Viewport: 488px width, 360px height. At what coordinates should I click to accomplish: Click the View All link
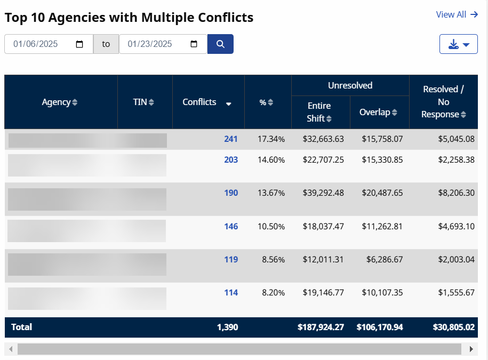457,14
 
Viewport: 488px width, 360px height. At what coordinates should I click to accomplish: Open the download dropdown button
458,44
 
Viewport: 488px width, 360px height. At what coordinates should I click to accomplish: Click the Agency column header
59,102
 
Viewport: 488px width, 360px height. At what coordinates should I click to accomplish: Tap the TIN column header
143,102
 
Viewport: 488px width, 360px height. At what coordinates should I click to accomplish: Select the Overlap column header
378,112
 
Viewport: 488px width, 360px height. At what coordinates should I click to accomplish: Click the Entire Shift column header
319,112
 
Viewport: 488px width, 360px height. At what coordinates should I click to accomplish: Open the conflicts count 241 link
230,139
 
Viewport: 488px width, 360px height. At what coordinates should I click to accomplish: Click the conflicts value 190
231,193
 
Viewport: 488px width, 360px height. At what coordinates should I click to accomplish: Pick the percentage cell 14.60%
271,159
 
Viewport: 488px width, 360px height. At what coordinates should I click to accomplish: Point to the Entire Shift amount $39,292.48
323,193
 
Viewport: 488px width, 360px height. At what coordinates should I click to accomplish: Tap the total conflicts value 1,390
227,327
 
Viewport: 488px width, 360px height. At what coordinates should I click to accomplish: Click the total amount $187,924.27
321,327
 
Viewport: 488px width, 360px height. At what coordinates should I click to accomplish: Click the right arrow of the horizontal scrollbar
471,349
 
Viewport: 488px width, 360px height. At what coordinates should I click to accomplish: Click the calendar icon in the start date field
79,44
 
